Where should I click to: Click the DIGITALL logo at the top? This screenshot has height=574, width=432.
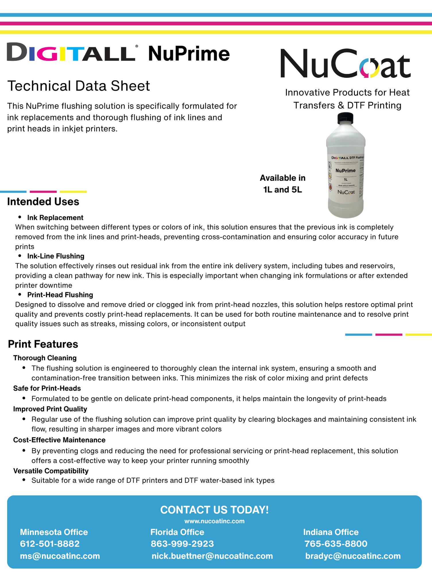[71, 52]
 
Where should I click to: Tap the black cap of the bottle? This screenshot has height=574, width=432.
[345, 118]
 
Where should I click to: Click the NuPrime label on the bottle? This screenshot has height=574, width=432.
[346, 170]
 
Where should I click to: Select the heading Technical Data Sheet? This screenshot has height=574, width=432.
[79, 86]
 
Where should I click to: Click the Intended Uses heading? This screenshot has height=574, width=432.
[43, 202]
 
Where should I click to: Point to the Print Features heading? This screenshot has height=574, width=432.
[43, 344]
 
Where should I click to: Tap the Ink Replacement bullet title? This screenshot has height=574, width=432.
[55, 218]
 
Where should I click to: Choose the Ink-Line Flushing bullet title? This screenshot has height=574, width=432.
[56, 256]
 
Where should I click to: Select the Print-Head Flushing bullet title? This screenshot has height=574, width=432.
[60, 295]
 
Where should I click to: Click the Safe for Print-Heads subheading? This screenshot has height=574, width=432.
[47, 388]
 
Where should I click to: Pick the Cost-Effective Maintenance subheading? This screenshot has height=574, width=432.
[59, 440]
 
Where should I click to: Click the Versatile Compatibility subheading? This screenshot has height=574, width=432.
[51, 471]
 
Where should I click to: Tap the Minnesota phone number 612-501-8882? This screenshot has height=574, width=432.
[50, 544]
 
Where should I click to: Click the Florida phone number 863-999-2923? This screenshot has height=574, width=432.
[182, 544]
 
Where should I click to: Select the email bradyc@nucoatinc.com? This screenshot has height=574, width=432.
[353, 556]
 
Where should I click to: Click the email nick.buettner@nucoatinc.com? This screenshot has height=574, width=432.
[212, 556]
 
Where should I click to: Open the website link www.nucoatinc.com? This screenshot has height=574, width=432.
[214, 521]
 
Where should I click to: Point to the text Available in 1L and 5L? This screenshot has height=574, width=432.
[282, 184]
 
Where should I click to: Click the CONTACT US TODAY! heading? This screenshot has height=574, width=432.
[214, 510]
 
